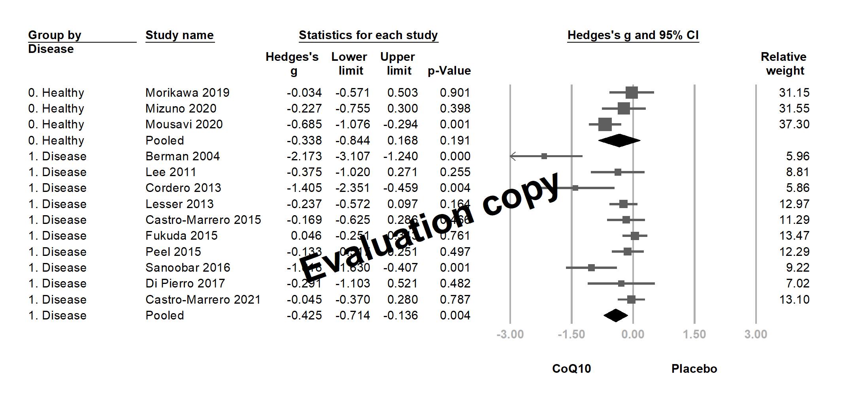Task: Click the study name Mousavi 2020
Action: [184, 124]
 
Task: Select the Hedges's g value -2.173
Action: [304, 156]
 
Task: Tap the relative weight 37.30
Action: [794, 124]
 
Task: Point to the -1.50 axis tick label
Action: [571, 334]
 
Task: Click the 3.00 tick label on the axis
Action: [756, 334]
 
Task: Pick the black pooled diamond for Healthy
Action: [619, 141]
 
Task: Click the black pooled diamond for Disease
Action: [615, 315]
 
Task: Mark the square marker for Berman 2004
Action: [544, 156]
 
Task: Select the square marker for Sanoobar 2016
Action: [591, 268]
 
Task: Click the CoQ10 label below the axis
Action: [571, 369]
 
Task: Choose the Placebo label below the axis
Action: [694, 369]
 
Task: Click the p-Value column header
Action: [449, 71]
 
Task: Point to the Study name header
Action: [179, 35]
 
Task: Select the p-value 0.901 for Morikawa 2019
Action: [455, 93]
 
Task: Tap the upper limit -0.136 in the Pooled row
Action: [400, 315]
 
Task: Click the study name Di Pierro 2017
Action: [185, 284]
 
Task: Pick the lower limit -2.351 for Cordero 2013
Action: [353, 188]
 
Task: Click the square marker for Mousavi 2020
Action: [605, 124]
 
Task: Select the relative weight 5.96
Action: [798, 156]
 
